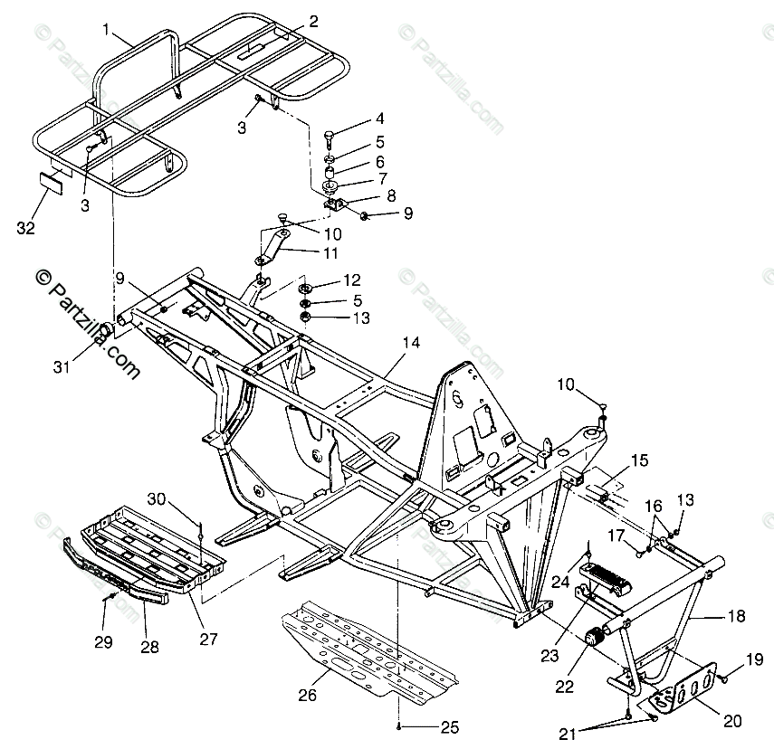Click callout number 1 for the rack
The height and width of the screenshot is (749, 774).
pos(106,30)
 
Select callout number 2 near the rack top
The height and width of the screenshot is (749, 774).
pos(313,21)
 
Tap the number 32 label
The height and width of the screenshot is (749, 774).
pos(25,228)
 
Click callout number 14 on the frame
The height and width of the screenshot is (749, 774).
pos(412,343)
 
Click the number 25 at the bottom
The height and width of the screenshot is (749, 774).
pos(450,727)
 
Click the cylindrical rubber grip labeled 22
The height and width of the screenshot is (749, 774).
pos(596,638)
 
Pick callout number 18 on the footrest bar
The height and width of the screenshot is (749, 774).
pos(736,616)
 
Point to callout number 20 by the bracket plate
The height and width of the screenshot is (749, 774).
pos(732,720)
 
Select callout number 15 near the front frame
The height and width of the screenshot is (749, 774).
pos(639,460)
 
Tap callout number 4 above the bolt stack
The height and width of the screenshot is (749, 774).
pos(380,119)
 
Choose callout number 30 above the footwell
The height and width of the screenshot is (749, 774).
pos(158,498)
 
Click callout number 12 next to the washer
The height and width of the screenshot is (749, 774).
pos(352,280)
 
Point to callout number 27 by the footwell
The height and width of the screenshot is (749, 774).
pos(209,640)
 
